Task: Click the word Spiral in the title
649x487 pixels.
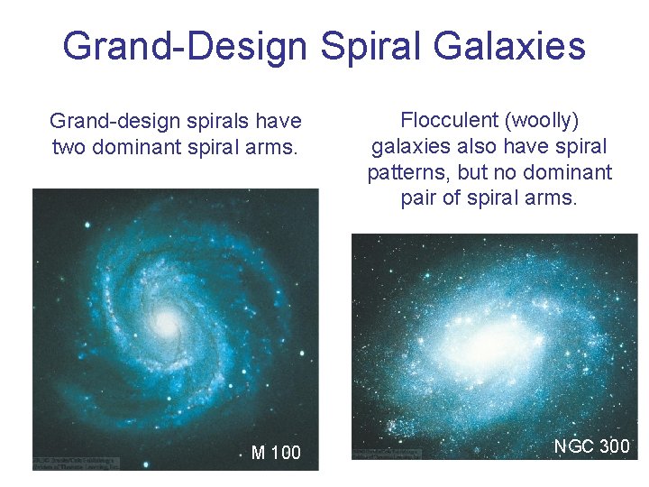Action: point(366,45)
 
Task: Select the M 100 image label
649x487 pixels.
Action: point(276,453)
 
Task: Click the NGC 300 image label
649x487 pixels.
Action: point(591,446)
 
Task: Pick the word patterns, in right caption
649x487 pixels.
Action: point(409,172)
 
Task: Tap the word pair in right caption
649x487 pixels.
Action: point(420,198)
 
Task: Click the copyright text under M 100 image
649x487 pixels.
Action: point(76,462)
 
